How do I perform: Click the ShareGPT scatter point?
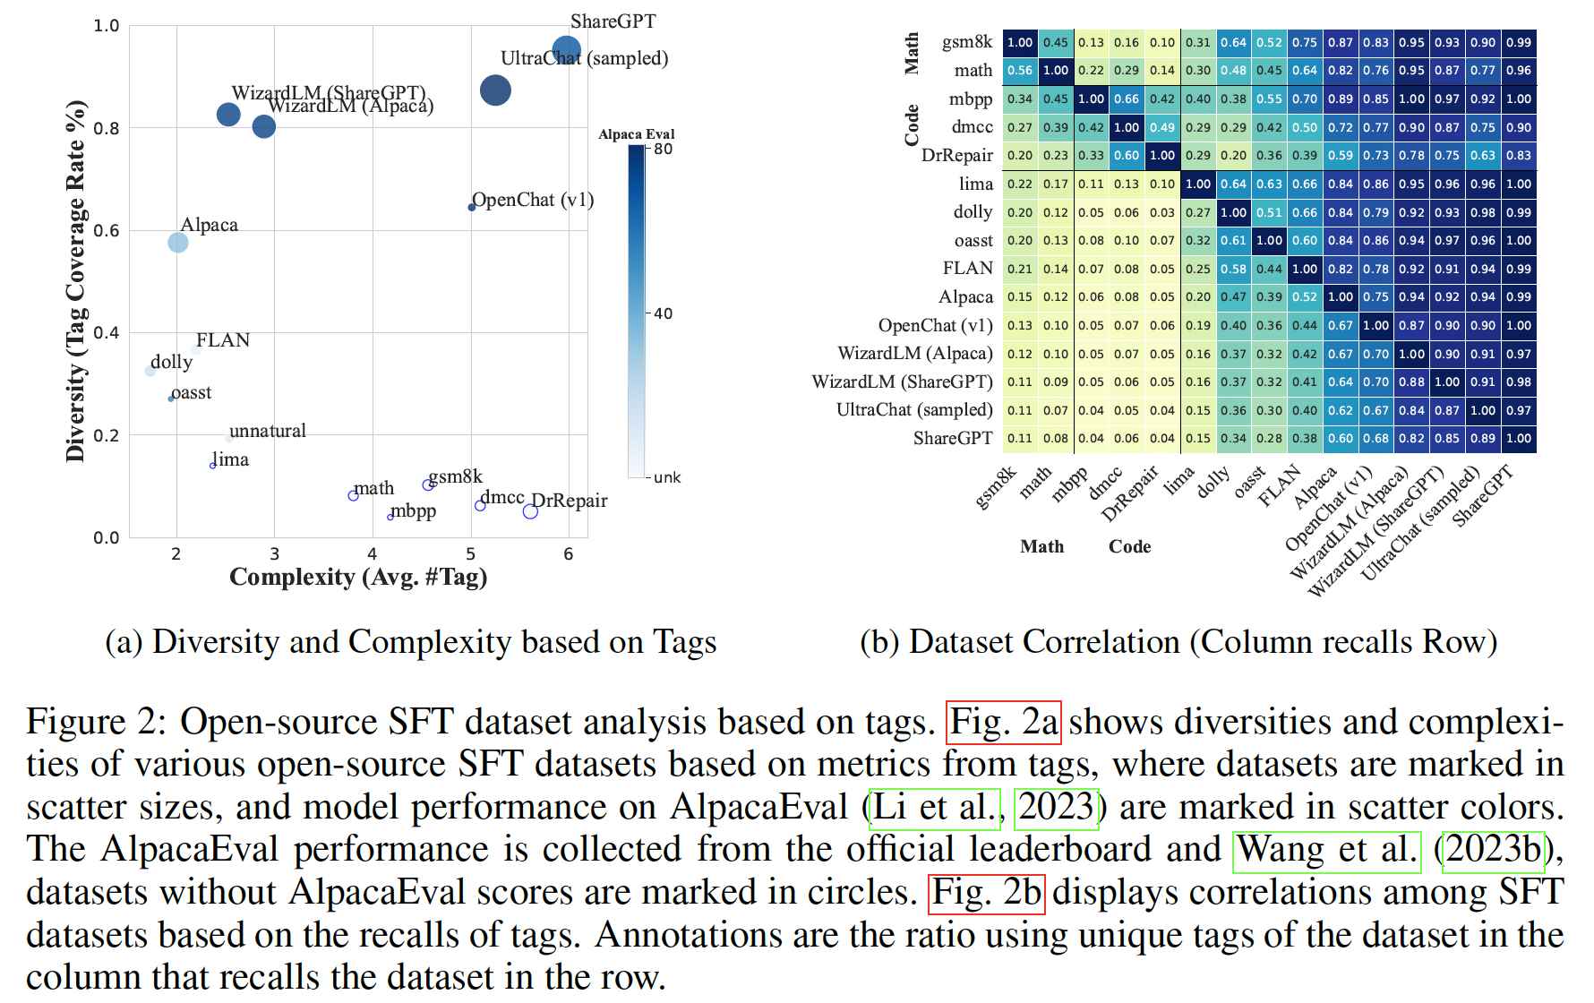[x=567, y=51]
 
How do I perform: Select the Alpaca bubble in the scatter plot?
[x=178, y=242]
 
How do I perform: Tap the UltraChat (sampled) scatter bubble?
[x=495, y=90]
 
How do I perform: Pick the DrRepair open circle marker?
[x=530, y=511]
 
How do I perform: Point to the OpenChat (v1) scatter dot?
[x=472, y=207]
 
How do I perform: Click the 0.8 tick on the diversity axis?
[x=107, y=128]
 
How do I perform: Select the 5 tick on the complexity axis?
[x=471, y=554]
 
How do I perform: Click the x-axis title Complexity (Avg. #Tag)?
[x=358, y=577]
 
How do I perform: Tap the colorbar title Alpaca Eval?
[x=636, y=134]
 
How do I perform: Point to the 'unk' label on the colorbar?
[x=667, y=477]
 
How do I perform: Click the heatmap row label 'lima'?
[x=976, y=184]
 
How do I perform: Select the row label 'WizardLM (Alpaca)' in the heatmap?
[x=915, y=354]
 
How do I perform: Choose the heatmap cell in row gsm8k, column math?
[x=1056, y=42]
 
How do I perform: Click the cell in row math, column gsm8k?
[x=1020, y=70]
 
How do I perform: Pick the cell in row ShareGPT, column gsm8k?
[x=1020, y=438]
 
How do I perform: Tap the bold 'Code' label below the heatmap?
[x=1129, y=546]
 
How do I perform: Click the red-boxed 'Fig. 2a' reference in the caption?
[x=1004, y=722]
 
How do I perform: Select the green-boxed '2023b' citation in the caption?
[x=1495, y=849]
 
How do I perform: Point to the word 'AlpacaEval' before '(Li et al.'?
[x=758, y=807]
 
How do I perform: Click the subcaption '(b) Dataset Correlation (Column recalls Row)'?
[x=1178, y=642]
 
